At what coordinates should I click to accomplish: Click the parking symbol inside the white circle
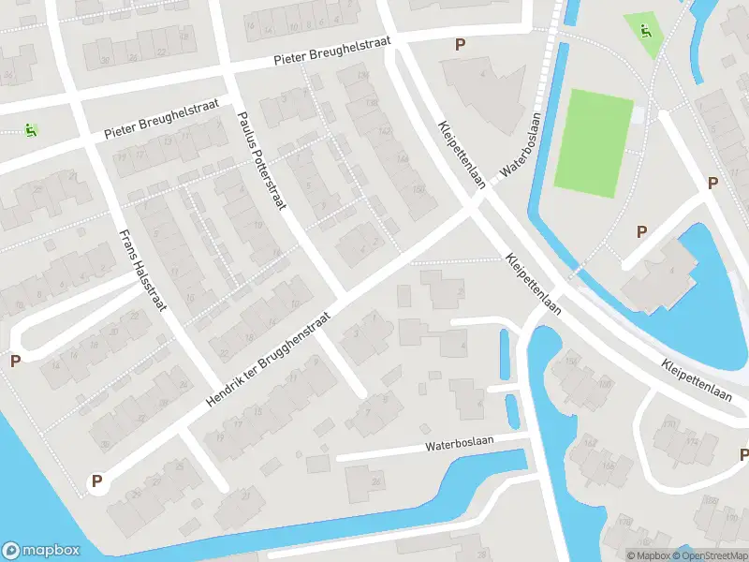pyautogui.click(x=95, y=482)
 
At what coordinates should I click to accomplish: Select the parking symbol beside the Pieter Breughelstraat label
pyautogui.click(x=459, y=44)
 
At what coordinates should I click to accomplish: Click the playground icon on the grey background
pyautogui.click(x=31, y=130)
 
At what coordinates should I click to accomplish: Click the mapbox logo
pyautogui.click(x=40, y=551)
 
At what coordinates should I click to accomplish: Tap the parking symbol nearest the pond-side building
pyautogui.click(x=641, y=231)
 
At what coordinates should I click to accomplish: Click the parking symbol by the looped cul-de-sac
pyautogui.click(x=14, y=361)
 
